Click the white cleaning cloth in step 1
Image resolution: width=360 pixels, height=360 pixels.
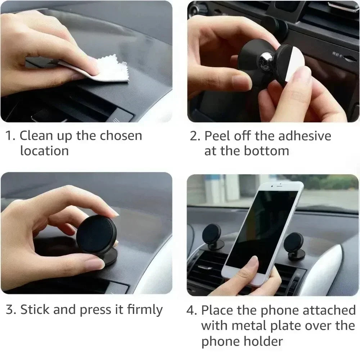(x=108, y=70)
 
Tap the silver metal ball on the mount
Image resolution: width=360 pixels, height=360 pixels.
(x=267, y=62)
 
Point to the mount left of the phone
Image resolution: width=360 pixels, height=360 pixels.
(x=212, y=238)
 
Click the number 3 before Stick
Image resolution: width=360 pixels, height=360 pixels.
(x=10, y=310)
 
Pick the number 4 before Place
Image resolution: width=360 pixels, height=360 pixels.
(x=191, y=310)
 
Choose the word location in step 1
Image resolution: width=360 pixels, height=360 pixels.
(x=44, y=151)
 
